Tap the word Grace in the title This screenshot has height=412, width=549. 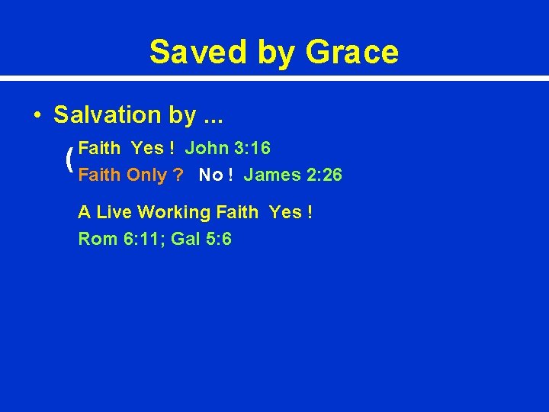coord(352,52)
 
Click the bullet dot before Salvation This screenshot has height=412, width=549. coord(37,116)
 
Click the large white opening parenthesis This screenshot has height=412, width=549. coord(69,160)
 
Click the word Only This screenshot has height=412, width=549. coord(146,175)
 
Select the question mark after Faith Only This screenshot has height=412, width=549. coord(178,175)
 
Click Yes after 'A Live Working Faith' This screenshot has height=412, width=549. coord(285,212)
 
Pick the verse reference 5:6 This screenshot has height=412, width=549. coord(218,240)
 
